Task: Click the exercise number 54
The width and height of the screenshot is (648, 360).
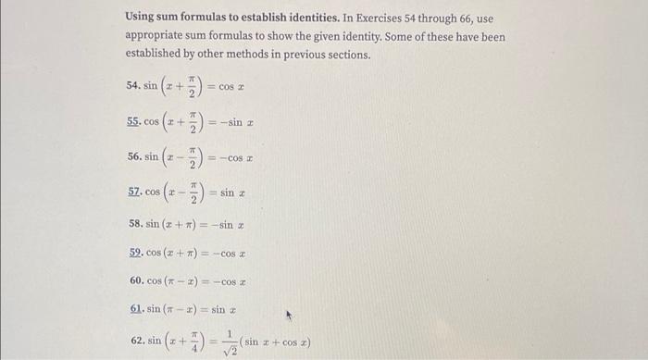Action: click(x=132, y=86)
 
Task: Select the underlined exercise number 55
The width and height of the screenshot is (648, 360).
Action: click(x=132, y=121)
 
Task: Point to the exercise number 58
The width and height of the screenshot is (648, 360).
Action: click(x=132, y=225)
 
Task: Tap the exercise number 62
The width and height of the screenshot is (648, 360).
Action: click(x=132, y=342)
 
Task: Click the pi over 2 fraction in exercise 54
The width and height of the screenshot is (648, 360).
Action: click(x=190, y=86)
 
